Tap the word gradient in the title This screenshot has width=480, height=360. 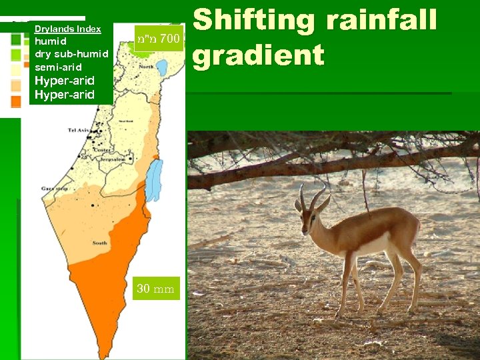pyautogui.click(x=258, y=55)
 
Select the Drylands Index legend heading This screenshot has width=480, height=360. pyautogui.click(x=67, y=29)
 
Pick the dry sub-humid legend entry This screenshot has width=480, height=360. pyautogui.click(x=71, y=54)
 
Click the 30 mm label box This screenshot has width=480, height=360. pyautogui.click(x=155, y=289)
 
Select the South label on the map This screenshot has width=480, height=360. pyautogui.click(x=100, y=243)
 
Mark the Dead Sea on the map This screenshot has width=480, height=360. pyautogui.click(x=153, y=180)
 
